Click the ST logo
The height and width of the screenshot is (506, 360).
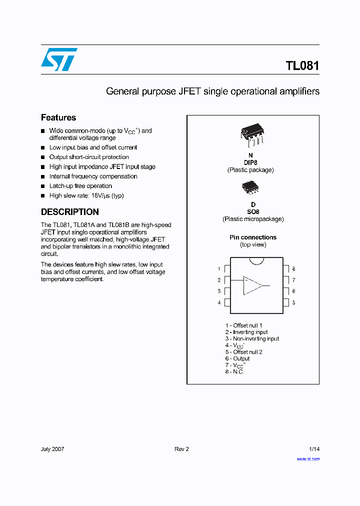59,59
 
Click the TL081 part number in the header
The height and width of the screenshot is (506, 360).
302,66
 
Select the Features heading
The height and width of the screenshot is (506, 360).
58,117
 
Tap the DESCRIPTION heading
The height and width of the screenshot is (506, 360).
69,211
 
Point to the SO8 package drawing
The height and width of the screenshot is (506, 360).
250,187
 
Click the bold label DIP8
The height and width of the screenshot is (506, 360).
250,162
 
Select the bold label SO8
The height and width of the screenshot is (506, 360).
252,211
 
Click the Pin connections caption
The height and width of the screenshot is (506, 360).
253,237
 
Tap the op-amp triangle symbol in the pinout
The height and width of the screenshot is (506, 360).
252,285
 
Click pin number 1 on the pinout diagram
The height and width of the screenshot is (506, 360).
219,269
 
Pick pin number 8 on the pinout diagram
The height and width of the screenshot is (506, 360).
293,269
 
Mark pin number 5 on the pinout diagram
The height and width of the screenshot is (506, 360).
293,302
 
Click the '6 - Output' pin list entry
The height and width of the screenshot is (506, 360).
237,358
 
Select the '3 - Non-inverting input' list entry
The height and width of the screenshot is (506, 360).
252,338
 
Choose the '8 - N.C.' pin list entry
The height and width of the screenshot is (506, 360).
234,372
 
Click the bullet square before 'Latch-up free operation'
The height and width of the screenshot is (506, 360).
43,186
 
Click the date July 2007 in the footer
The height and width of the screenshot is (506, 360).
52,449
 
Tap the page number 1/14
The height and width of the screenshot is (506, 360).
314,449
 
